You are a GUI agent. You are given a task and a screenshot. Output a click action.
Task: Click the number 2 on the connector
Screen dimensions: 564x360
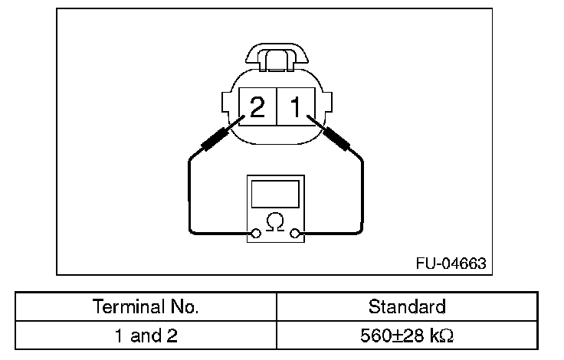point(257,106)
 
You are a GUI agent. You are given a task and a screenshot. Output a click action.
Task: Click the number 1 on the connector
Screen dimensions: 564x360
point(296,106)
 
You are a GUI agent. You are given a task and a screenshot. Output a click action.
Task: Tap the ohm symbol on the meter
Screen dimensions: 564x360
point(275,222)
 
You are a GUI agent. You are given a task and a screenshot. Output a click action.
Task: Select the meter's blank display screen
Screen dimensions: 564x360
point(275,195)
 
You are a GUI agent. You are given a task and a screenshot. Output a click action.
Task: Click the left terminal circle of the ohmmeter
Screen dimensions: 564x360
point(256,234)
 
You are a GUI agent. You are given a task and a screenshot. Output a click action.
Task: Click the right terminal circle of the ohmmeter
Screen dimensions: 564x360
point(294,234)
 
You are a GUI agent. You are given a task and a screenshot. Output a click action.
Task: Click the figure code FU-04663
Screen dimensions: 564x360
point(451,263)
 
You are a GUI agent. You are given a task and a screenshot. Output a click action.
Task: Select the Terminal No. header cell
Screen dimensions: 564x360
point(146,306)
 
